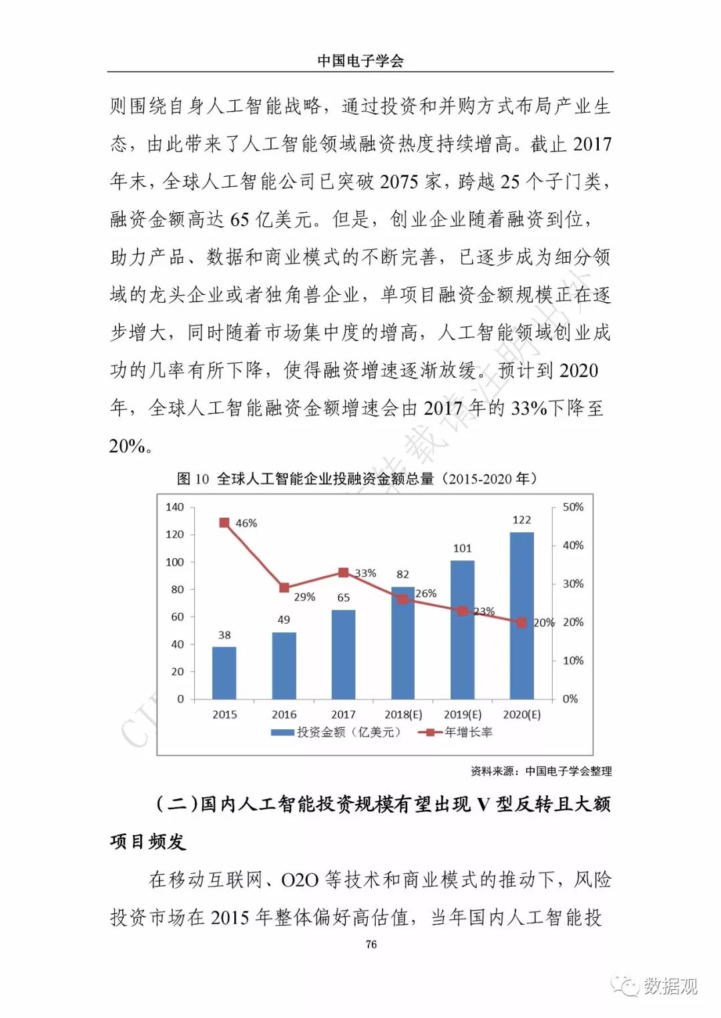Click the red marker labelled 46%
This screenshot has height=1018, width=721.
[x=224, y=523]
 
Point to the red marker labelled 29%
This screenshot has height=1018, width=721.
[x=284, y=588]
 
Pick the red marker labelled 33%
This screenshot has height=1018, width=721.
[x=343, y=572]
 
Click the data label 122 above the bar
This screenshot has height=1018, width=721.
[x=521, y=520]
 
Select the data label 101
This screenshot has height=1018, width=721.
[x=462, y=548]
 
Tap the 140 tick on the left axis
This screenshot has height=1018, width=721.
[x=174, y=507]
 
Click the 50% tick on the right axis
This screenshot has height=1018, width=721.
[x=573, y=507]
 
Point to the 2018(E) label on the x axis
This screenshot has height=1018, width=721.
[x=403, y=714]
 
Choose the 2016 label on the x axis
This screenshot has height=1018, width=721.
[x=284, y=714]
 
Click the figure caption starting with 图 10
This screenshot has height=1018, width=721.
[x=356, y=478]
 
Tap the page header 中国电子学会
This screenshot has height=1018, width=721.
[x=360, y=61]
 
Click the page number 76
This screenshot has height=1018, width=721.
[x=371, y=944]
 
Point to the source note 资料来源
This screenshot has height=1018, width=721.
[x=541, y=771]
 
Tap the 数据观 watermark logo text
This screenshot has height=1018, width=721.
[x=670, y=985]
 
